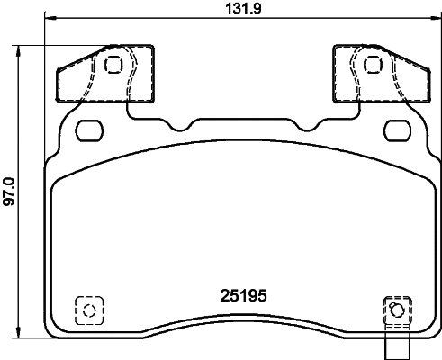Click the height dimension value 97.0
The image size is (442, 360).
(9, 191)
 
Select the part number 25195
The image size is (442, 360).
(245, 294)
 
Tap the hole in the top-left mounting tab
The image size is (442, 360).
(113, 65)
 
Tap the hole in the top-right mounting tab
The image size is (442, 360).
(372, 65)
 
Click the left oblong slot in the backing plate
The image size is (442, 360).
(90, 131)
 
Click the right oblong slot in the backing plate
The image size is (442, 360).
(395, 131)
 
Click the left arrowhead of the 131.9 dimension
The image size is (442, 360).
(47, 20)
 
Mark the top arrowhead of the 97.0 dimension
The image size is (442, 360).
(20, 48)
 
